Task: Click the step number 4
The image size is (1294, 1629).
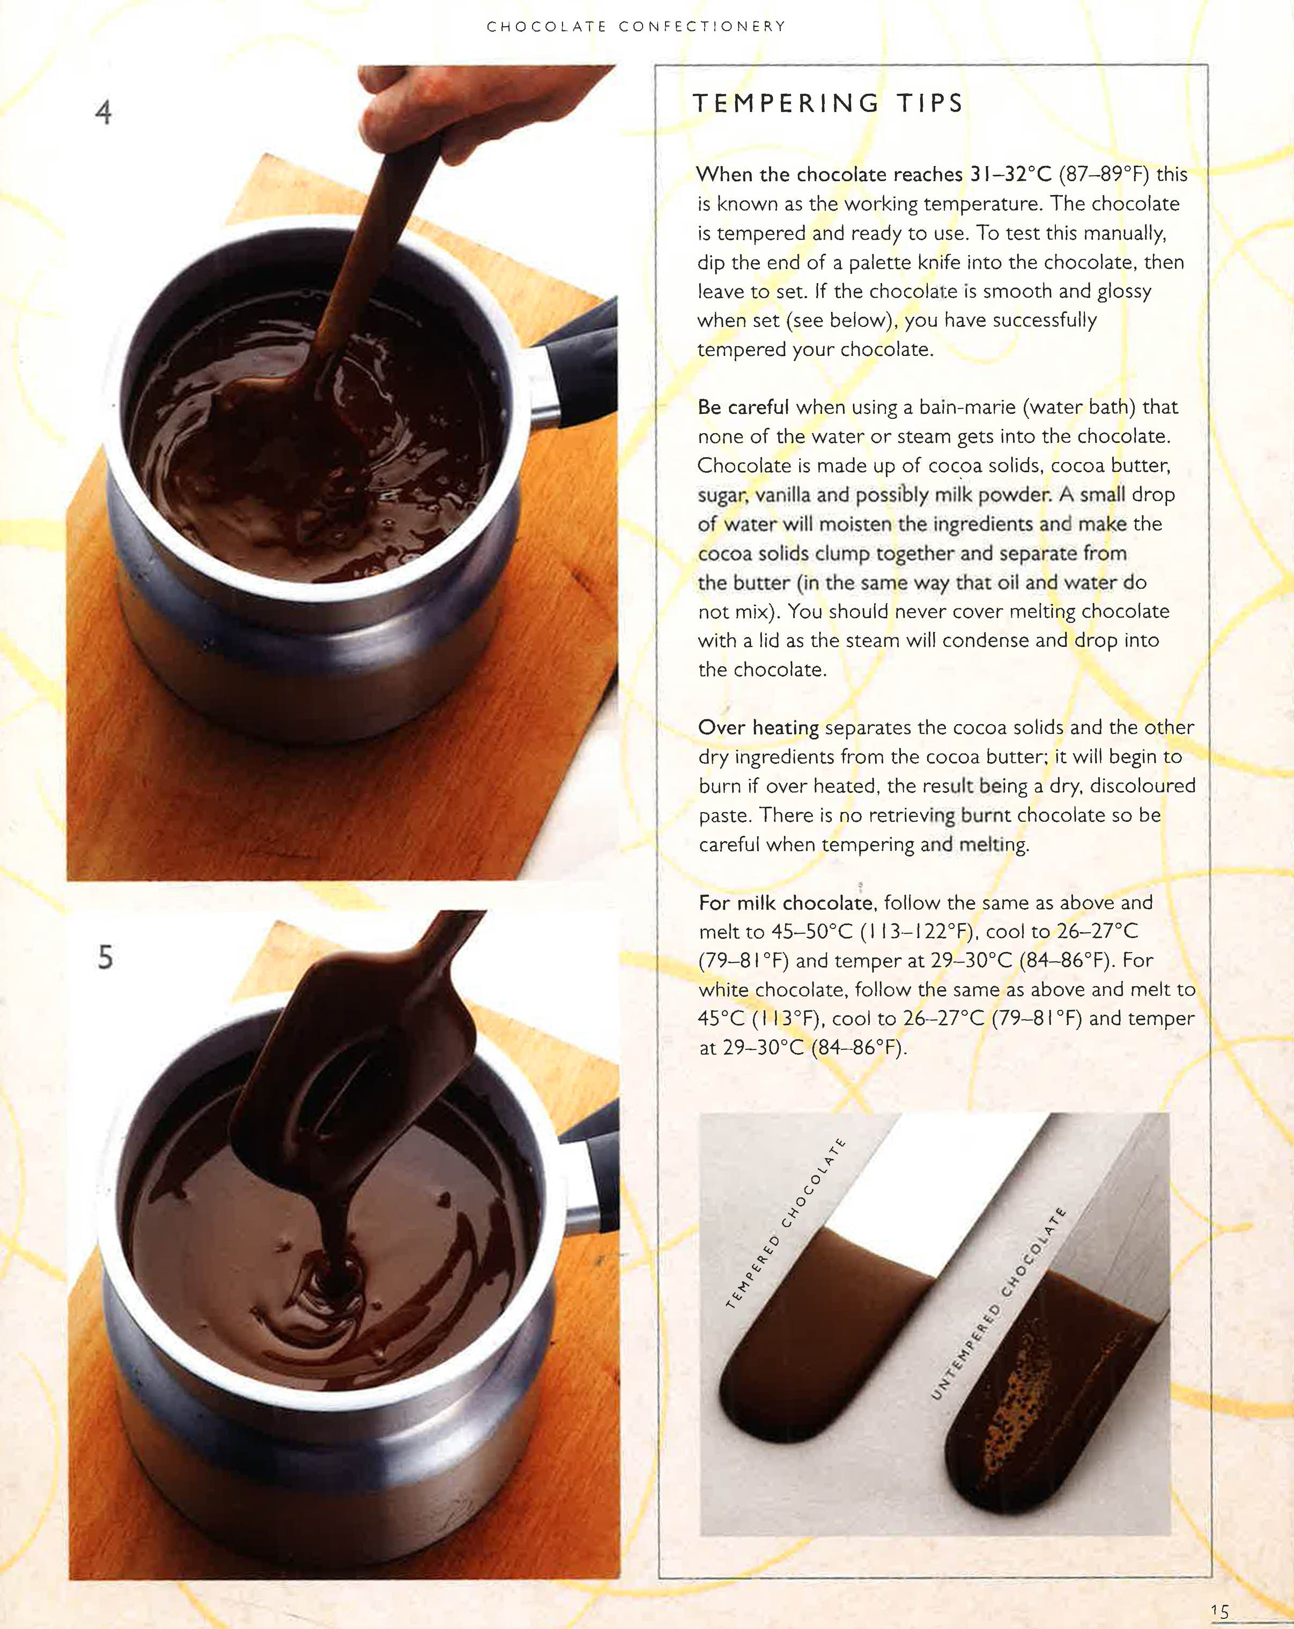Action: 103,113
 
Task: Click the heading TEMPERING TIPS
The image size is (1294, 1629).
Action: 827,103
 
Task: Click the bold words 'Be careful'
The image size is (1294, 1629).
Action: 743,407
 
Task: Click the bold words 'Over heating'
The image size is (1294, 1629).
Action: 758,727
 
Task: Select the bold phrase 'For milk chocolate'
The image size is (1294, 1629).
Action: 785,903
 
